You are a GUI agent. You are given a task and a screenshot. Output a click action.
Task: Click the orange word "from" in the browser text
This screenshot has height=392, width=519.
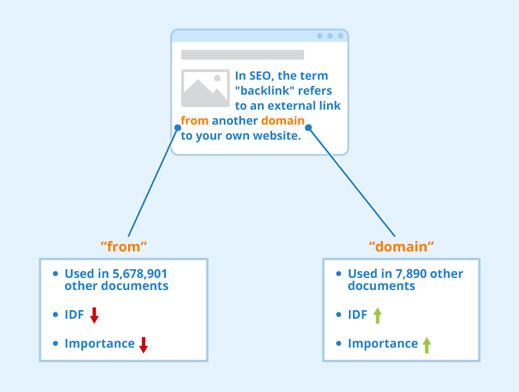coord(194,121)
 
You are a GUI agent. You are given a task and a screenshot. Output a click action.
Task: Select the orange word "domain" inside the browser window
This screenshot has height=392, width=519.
coord(283,121)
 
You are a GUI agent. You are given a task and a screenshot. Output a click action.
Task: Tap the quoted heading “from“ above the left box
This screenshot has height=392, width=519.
coord(124,247)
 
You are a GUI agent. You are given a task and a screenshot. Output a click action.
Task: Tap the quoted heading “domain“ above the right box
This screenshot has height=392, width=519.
coord(401,247)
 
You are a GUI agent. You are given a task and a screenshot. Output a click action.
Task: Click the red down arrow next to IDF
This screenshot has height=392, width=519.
coord(95,315)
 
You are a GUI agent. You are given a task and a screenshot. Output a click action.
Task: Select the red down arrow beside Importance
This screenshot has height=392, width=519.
coord(144,345)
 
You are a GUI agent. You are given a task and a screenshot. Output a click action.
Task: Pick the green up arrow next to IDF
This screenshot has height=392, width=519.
coord(377,315)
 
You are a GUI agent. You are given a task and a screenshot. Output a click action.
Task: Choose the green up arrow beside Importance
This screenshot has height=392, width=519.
coord(427,345)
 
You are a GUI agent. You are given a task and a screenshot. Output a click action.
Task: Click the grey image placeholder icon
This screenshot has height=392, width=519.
coord(205,88)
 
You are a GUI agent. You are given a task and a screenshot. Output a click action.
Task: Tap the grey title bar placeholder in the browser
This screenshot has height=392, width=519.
coord(242,55)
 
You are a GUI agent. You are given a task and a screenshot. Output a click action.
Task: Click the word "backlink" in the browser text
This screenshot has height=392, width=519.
coord(265,91)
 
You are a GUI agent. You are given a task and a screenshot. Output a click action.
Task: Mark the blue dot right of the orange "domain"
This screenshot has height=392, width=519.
coord(309,127)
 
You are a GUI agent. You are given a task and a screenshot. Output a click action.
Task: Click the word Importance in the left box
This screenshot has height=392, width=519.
coord(99,344)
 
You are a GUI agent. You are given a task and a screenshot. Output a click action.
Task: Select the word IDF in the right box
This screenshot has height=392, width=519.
coord(358,315)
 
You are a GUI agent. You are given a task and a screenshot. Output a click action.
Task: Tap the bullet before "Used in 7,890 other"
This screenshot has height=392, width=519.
coord(339,274)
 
